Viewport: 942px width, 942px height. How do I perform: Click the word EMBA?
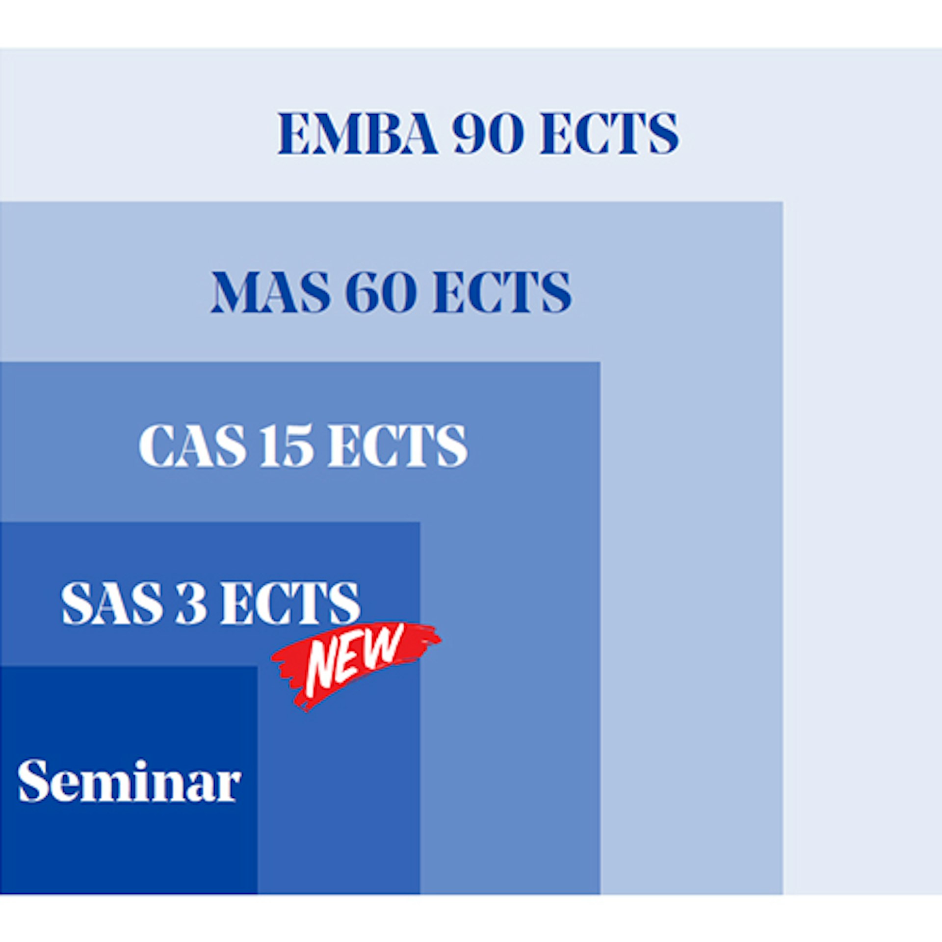coord(358,133)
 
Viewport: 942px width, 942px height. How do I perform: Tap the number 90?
coord(488,133)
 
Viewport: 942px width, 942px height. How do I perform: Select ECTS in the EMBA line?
coord(609,133)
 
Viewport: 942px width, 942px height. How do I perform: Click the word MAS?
coord(270,291)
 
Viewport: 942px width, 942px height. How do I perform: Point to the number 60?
coord(381,291)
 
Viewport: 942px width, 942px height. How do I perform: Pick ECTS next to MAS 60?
coord(502,291)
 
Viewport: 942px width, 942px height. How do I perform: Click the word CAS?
coord(192,445)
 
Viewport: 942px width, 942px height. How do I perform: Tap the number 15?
coord(287,445)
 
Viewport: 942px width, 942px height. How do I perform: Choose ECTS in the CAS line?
coord(398,445)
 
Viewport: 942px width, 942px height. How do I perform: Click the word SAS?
coord(112,603)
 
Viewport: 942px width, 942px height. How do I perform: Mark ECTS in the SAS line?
coord(290,603)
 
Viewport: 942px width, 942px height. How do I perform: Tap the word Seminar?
coord(129,781)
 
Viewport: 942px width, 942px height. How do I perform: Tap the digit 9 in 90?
coord(470,133)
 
